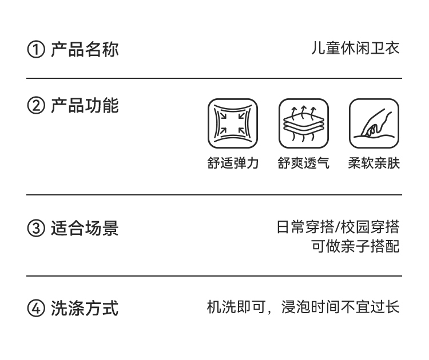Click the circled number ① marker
(35, 50)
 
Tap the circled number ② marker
(35, 106)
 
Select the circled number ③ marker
(35, 229)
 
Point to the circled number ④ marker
(35, 309)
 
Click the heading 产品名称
(85, 49)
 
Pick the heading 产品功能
(85, 106)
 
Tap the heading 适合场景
(85, 229)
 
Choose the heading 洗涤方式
(85, 309)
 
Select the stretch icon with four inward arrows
(233, 123)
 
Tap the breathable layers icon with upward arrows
(304, 123)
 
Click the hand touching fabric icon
(374, 123)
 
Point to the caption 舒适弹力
(233, 163)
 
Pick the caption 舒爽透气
(304, 163)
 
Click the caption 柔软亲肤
(374, 163)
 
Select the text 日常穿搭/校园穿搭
(337, 227)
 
